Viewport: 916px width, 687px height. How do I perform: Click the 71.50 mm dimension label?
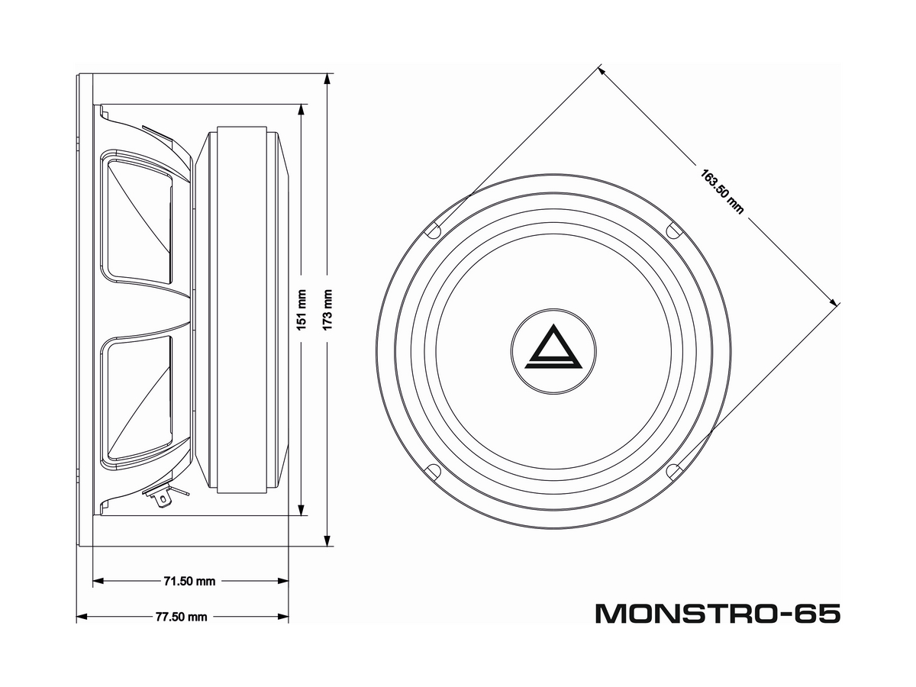pos(189,581)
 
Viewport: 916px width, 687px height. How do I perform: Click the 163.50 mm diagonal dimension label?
pos(721,191)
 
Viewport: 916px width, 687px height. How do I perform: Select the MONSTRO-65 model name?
pos(718,613)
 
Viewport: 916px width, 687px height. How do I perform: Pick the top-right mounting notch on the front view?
pos(674,229)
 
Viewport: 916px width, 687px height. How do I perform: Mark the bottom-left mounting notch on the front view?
pos(431,470)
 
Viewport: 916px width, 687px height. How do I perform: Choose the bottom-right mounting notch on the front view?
pos(674,471)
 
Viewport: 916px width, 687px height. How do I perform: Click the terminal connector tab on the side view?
pos(160,498)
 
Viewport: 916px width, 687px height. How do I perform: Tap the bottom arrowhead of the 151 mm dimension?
pos(302,512)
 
